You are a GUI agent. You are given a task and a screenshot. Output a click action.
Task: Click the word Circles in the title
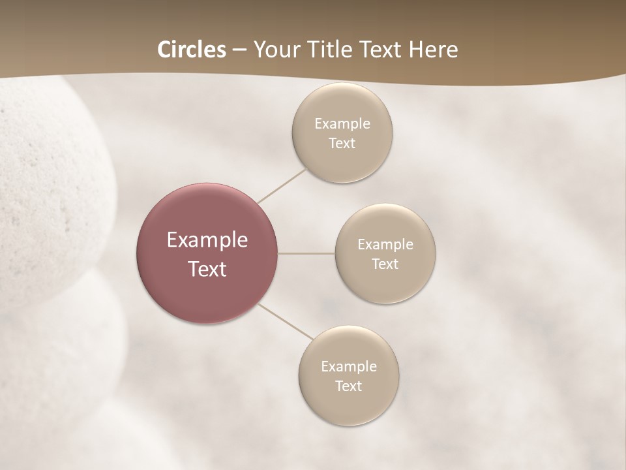point(192,50)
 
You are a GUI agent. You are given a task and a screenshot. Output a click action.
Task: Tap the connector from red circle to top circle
point(282,185)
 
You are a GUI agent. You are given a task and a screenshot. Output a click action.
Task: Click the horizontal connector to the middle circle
point(306,253)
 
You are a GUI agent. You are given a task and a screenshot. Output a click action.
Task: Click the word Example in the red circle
point(207,240)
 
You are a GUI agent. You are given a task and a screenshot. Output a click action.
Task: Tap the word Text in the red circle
point(207,269)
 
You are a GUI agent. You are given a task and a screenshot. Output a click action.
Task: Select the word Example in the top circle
point(342,123)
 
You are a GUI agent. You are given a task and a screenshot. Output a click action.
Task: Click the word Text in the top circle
point(342,144)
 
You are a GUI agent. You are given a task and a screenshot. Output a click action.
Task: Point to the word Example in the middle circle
point(385,245)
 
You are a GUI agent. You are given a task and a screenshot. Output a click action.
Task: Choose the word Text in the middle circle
point(385,264)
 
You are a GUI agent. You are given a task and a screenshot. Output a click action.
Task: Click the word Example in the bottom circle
point(348,367)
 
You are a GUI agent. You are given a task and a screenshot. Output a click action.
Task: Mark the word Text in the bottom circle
point(348,386)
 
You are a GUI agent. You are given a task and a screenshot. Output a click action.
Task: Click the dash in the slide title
point(239,50)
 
